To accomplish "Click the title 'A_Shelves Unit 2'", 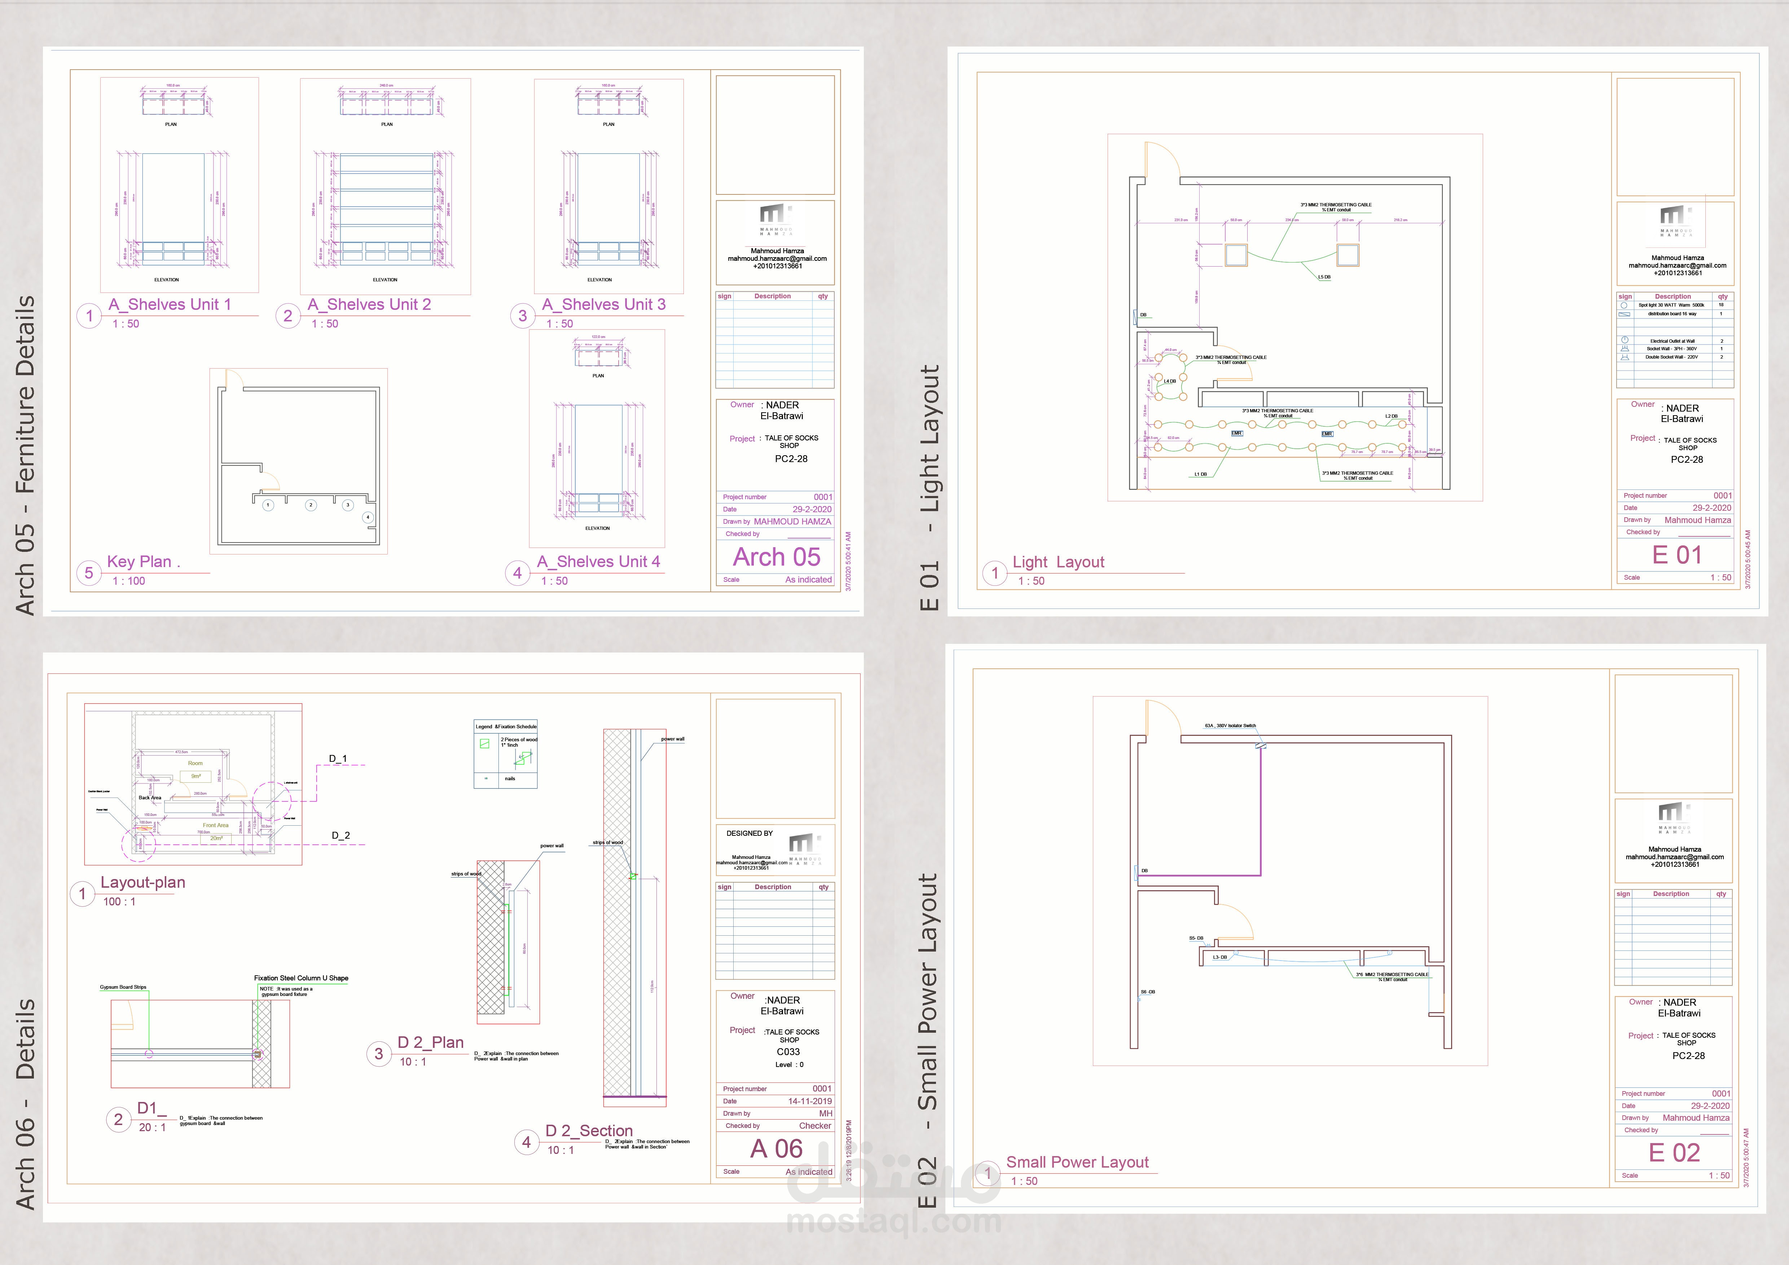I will click(369, 305).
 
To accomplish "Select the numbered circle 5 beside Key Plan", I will click(89, 573).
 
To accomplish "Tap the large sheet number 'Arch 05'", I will click(776, 557).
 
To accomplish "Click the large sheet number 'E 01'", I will click(1677, 555).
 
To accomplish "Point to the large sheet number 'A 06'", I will click(776, 1149).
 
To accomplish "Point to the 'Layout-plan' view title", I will click(142, 882).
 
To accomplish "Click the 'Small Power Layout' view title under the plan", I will click(1077, 1162).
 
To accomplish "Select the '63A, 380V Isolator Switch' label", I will click(1230, 726).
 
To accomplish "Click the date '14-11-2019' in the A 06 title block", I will click(810, 1101).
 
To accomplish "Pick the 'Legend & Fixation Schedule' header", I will click(506, 726).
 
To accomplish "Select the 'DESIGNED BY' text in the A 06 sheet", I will click(750, 833).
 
